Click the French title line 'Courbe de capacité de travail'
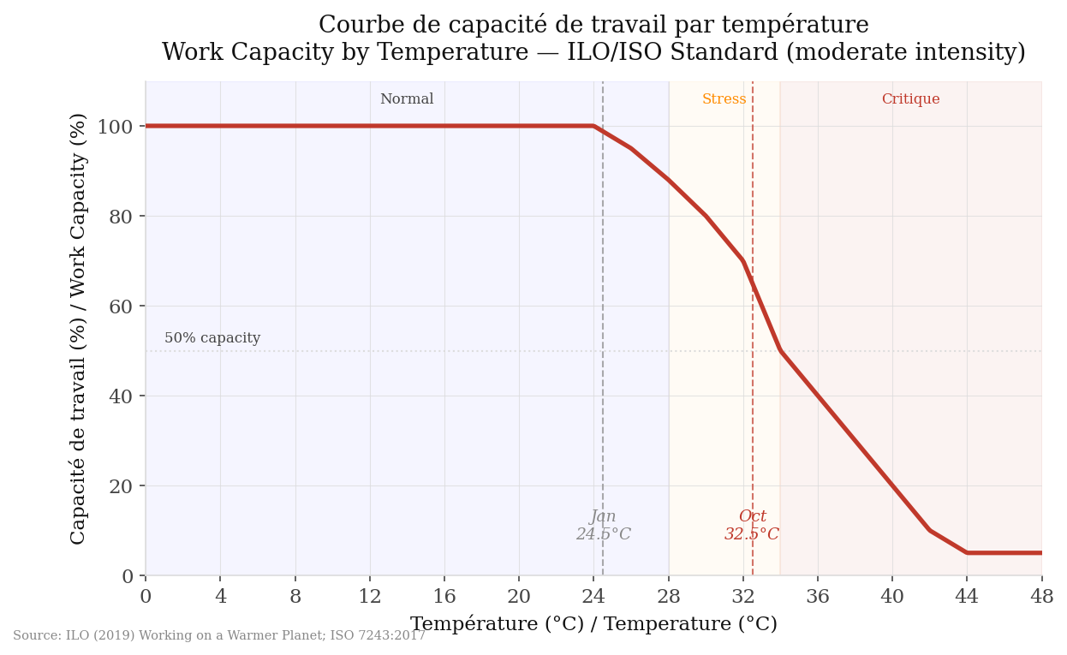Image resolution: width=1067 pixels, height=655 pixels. point(593,25)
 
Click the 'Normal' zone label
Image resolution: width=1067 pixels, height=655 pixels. point(407,99)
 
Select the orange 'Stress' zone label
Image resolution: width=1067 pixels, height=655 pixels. point(724,99)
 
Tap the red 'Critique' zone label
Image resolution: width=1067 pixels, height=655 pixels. point(910,99)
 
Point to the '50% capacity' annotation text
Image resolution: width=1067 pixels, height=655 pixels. point(212,338)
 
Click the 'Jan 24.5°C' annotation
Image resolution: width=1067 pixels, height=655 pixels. point(603,526)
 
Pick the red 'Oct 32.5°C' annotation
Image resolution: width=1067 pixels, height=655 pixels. point(752,526)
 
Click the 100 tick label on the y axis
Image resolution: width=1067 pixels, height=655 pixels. point(115,127)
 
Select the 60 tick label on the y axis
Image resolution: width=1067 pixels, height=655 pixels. point(121,307)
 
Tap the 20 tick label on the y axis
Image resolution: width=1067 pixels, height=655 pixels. point(121,486)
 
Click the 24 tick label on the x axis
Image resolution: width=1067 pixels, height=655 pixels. point(593,595)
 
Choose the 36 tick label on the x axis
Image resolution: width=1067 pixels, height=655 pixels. point(818,595)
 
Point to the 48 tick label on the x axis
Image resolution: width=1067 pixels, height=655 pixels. point(1041,595)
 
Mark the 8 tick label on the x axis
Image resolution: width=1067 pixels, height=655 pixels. point(295,595)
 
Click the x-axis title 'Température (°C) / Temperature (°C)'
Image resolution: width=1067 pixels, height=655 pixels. point(593,624)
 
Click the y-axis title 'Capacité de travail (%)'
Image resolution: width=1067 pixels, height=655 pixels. point(78,328)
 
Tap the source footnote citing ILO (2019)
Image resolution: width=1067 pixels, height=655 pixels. point(219,635)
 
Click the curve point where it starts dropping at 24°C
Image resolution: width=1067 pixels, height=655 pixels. point(593,126)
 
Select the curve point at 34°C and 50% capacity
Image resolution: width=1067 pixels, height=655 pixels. point(780,351)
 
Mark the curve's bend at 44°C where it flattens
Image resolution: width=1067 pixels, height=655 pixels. point(967,553)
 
